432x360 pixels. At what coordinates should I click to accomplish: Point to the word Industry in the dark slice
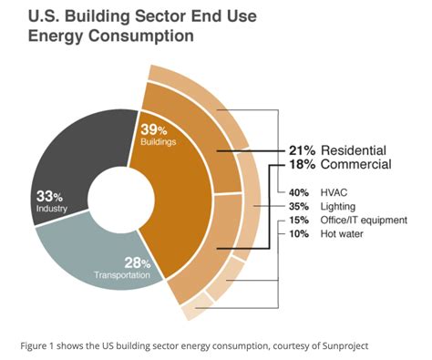click(50, 209)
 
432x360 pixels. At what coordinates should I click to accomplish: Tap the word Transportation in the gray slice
click(122, 275)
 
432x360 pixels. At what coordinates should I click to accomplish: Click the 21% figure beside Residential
click(292, 149)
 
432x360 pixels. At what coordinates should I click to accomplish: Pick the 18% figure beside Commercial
click(292, 165)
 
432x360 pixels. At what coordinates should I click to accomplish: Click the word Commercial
click(352, 165)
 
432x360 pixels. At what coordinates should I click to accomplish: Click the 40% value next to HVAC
click(299, 192)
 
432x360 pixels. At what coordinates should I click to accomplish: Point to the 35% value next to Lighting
click(299, 206)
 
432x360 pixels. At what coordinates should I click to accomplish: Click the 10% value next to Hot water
click(299, 233)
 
